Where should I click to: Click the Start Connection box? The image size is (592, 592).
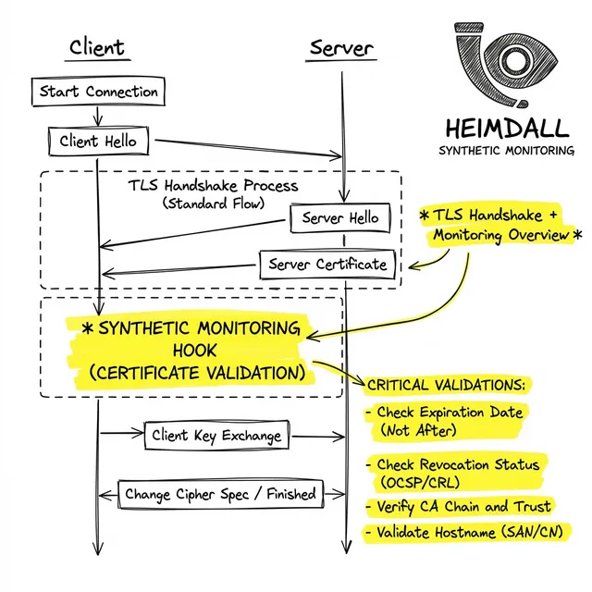click(x=98, y=92)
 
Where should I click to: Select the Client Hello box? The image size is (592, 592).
click(x=97, y=142)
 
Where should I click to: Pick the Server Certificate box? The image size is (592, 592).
click(x=327, y=265)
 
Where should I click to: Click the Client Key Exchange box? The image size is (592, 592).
click(x=214, y=435)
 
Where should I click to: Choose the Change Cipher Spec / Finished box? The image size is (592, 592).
click(x=219, y=494)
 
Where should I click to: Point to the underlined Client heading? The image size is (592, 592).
click(x=97, y=48)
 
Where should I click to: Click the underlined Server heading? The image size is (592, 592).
click(x=342, y=48)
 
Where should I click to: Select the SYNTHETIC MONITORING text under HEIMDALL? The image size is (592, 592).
click(x=505, y=151)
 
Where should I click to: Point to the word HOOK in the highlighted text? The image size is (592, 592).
click(x=196, y=351)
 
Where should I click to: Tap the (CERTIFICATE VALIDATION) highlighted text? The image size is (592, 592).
click(x=197, y=373)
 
